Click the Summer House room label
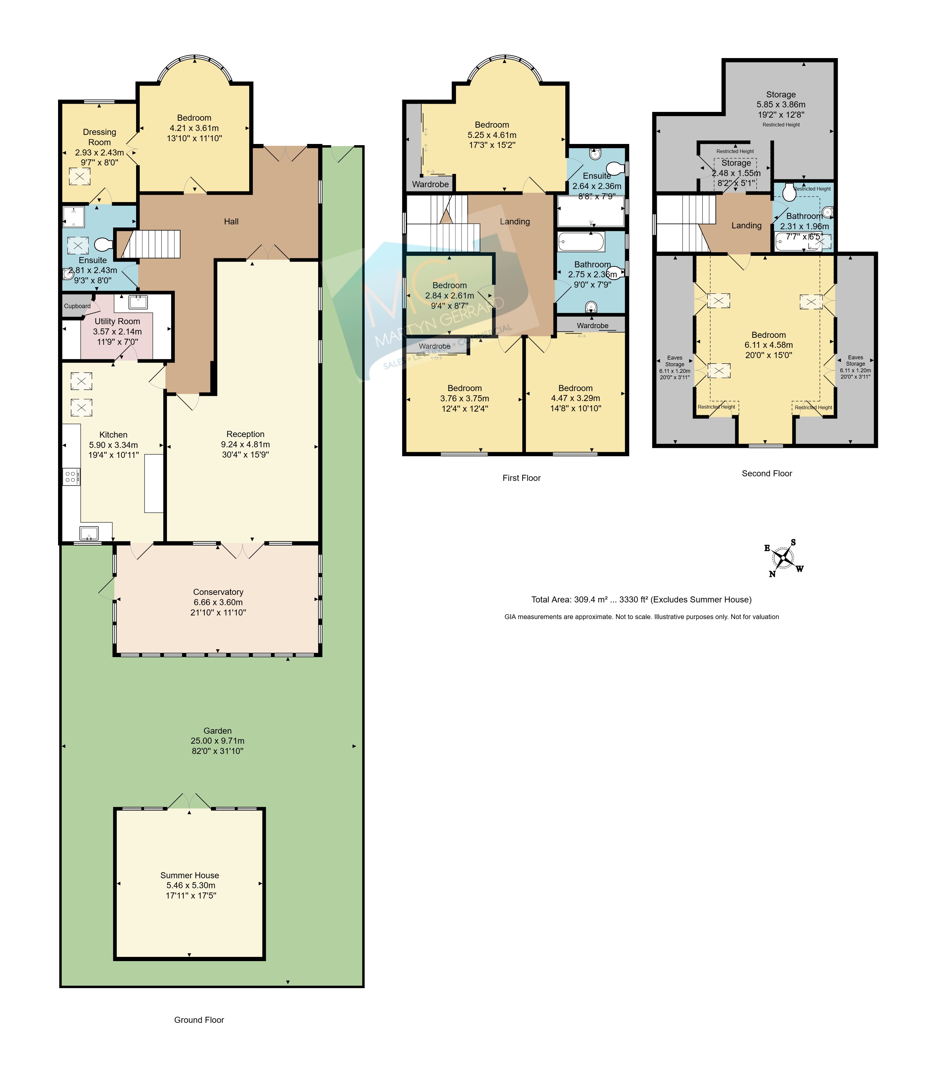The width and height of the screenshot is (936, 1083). pyautogui.click(x=190, y=875)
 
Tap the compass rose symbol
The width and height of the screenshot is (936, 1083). pyautogui.click(x=783, y=558)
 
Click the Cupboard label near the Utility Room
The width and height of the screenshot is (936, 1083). pyautogui.click(x=77, y=306)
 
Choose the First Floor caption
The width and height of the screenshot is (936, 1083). pyautogui.click(x=522, y=478)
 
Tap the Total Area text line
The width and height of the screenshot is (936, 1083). pyautogui.click(x=641, y=599)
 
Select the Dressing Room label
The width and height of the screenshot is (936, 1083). pyautogui.click(x=99, y=137)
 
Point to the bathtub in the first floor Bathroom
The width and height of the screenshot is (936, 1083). pyautogui.click(x=581, y=242)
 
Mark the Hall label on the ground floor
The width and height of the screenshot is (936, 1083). pyautogui.click(x=231, y=222)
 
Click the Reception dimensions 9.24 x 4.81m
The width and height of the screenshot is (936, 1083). pyautogui.click(x=246, y=444)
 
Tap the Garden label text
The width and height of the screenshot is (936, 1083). pyautogui.click(x=217, y=731)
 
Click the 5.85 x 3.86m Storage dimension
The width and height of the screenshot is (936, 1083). pyautogui.click(x=781, y=105)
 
